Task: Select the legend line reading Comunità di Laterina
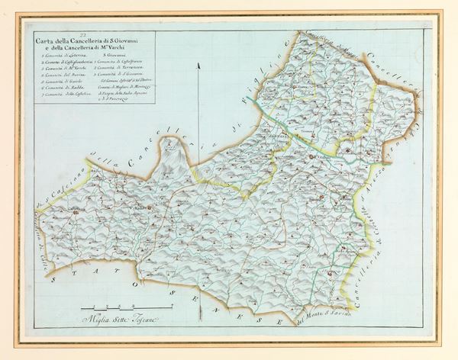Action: [64, 59]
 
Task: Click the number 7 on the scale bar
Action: [172, 305]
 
